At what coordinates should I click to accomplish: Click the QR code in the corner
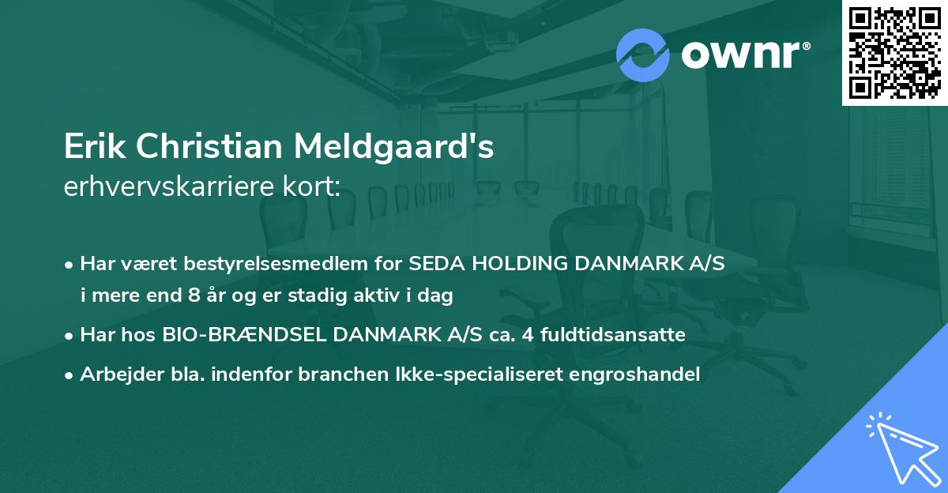pyautogui.click(x=894, y=53)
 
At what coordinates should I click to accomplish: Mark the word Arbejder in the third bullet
pyautogui.click(x=114, y=374)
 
